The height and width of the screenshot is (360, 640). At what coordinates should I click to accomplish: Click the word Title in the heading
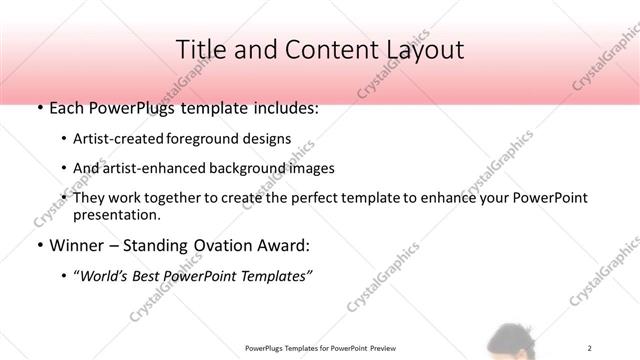pyautogui.click(x=199, y=49)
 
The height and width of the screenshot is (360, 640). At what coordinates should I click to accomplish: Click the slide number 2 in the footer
pyautogui.click(x=590, y=348)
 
